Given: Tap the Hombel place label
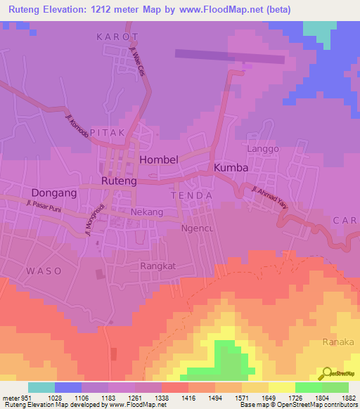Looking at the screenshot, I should click(159, 160).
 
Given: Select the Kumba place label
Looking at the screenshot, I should click(231, 168).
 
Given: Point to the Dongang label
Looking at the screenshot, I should click(53, 192).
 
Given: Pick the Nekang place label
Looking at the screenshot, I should click(147, 212).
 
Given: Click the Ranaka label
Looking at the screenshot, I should click(335, 342).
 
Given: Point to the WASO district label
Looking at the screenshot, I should click(44, 271).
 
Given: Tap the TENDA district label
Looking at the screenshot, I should click(191, 194).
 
